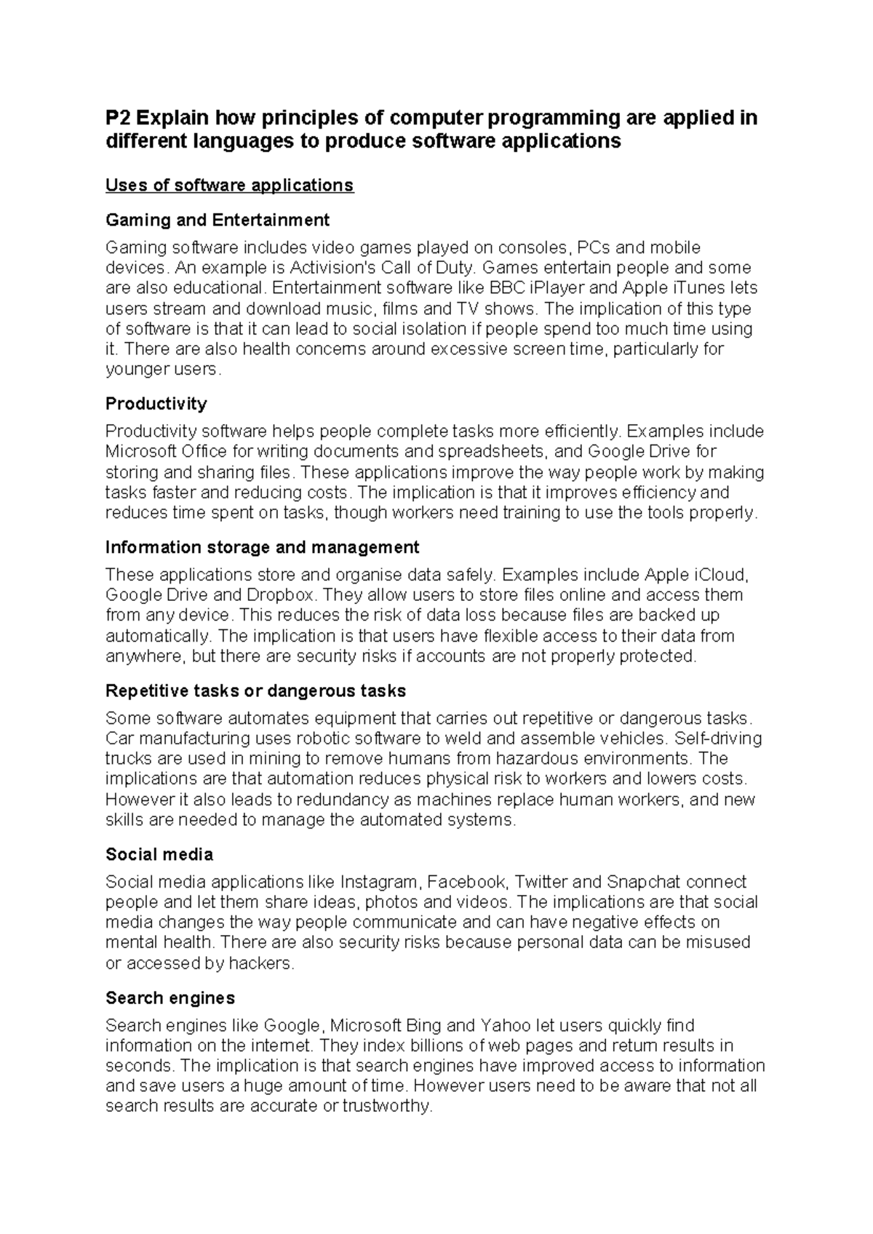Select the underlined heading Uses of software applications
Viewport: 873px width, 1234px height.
tap(229, 186)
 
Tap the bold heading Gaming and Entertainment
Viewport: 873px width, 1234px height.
tap(217, 220)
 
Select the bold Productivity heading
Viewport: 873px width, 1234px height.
tap(156, 404)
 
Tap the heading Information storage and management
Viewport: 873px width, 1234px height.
tap(262, 547)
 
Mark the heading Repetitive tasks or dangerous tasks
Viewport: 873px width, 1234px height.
tap(255, 690)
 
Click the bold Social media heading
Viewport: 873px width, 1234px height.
tap(159, 854)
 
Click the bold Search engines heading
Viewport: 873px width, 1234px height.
tap(170, 998)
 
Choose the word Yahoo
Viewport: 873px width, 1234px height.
tap(505, 1025)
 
